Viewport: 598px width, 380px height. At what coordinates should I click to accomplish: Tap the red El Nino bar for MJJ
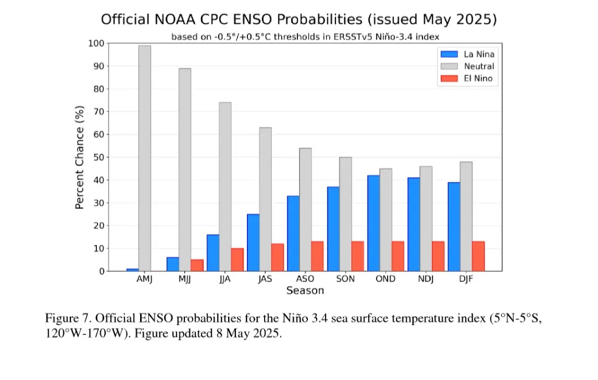pyautogui.click(x=197, y=265)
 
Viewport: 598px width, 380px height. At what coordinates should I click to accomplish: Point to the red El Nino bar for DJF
pyautogui.click(x=478, y=256)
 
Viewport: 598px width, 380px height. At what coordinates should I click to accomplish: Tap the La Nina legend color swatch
pyautogui.click(x=449, y=54)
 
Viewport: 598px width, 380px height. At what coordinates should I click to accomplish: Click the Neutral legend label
pyautogui.click(x=478, y=66)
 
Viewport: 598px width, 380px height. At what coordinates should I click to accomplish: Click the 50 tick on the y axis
pyautogui.click(x=99, y=157)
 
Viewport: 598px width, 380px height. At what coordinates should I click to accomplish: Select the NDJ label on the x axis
pyautogui.click(x=425, y=279)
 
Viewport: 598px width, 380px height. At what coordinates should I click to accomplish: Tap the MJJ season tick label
pyautogui.click(x=184, y=279)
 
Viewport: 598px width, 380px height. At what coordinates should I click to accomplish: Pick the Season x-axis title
pyautogui.click(x=305, y=291)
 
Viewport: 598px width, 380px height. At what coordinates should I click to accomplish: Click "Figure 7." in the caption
pyautogui.click(x=68, y=320)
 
